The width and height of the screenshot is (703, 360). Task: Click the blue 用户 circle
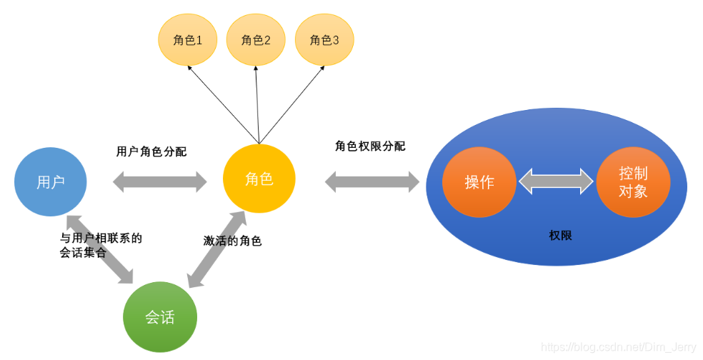(x=51, y=181)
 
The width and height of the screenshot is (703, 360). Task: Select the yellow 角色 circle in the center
(x=259, y=179)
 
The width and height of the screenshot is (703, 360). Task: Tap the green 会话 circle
(x=159, y=316)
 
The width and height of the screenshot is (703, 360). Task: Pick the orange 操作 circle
(x=479, y=181)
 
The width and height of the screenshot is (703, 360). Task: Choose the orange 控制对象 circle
(x=633, y=181)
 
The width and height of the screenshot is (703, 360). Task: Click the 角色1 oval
(x=187, y=40)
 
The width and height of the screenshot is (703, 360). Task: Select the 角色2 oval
(x=256, y=40)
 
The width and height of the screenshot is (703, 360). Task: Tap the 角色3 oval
(x=324, y=40)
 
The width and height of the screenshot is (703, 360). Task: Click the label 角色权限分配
(x=370, y=146)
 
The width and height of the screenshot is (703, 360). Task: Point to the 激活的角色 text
(x=232, y=241)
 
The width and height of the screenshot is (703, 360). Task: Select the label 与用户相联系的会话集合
(x=101, y=245)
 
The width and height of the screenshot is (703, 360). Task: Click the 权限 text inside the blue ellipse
(x=560, y=235)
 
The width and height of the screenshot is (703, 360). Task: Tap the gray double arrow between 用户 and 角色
(x=159, y=181)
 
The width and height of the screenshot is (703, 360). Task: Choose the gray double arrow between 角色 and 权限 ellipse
(x=372, y=181)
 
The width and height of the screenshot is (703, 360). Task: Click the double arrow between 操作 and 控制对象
(x=556, y=181)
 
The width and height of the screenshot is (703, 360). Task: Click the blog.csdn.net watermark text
(x=618, y=347)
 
